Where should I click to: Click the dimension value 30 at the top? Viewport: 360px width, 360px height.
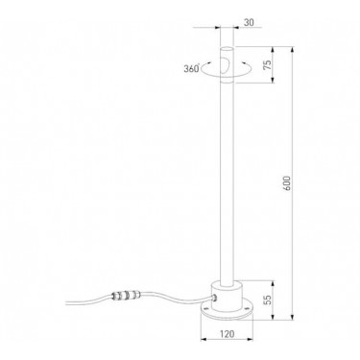point(249,22)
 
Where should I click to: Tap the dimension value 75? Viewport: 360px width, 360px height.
point(268,64)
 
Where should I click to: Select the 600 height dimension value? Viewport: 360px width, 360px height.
point(287,183)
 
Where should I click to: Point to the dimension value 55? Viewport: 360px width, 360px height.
point(268,299)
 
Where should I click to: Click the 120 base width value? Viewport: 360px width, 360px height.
point(227,334)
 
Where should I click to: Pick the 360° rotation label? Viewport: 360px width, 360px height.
point(192,68)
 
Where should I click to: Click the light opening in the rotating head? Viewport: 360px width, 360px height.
point(225,65)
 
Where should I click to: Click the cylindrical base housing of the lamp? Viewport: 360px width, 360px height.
point(227,296)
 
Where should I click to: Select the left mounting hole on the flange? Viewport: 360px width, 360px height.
point(206,309)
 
